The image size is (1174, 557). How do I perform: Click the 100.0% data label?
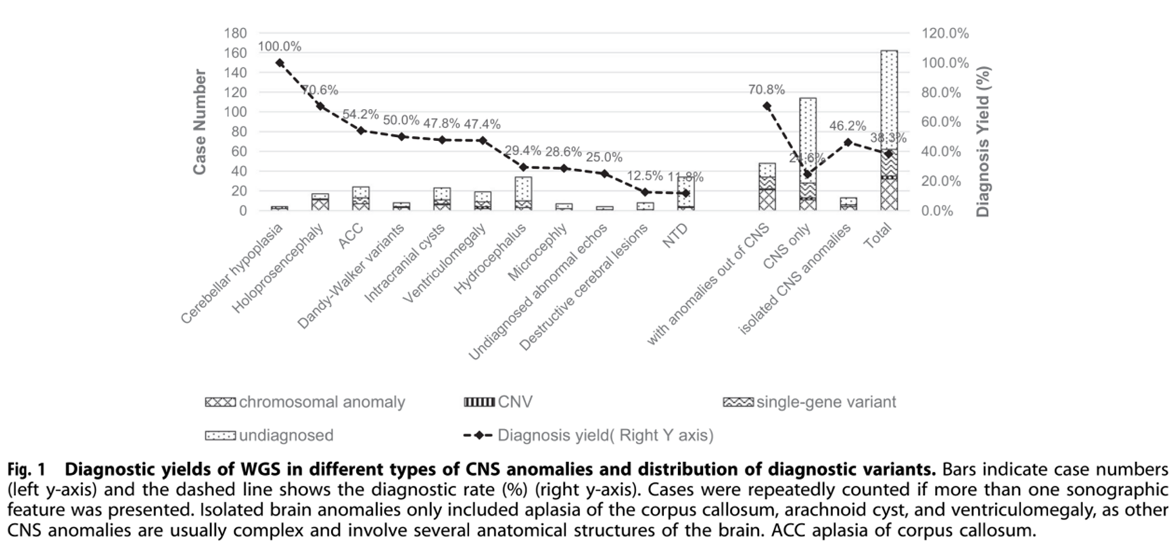pos(279,46)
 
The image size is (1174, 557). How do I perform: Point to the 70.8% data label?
pos(767,90)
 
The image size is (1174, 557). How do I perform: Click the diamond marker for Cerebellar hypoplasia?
pos(279,63)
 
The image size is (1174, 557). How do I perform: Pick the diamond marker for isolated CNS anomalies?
pos(848,142)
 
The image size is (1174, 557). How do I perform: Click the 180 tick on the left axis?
pos(235,33)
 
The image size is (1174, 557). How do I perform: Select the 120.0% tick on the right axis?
pos(944,34)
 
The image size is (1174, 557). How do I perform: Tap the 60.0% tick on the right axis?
pos(941,122)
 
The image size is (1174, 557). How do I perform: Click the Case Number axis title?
pos(200,122)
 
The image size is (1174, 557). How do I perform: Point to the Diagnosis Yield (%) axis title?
pos(983,141)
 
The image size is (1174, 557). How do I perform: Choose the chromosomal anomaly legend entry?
pos(305,402)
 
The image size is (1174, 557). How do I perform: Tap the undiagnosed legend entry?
pos(269,435)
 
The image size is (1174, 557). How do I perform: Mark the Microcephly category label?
pos(537,252)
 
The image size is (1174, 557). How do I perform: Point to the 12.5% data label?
pos(644,176)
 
